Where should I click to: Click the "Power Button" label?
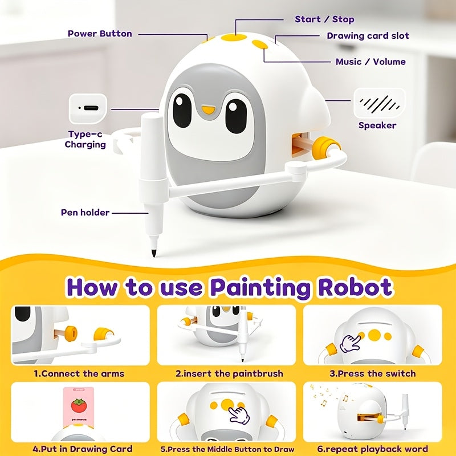pos(100,34)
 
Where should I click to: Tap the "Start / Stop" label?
pos(324,19)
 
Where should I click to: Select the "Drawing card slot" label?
pos(368,36)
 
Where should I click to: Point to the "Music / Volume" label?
pos(370,62)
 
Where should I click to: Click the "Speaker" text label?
pos(377,125)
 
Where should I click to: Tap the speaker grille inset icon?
pos(379,104)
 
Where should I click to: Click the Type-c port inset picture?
pos(88,108)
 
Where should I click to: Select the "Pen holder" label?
pos(85,212)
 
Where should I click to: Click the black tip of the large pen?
pos(153,253)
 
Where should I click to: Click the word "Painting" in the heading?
pos(260,288)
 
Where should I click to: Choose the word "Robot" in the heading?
pos(355,287)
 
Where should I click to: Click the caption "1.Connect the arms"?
pos(79,373)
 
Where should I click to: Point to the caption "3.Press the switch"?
pos(373,373)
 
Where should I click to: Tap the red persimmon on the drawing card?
pos(79,406)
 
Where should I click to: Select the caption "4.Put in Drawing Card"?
pos(82,449)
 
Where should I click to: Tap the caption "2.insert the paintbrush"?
pos(229,373)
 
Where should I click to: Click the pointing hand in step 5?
pos(239,416)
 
